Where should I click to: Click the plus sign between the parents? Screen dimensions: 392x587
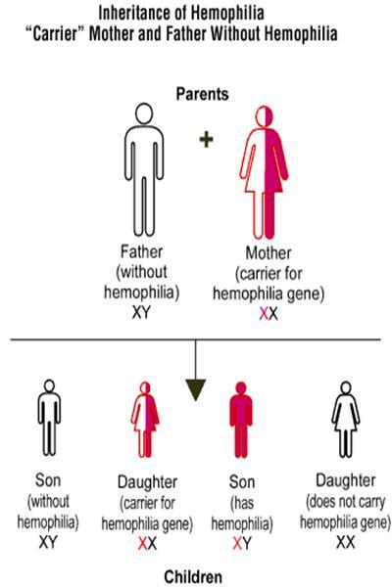click(206, 140)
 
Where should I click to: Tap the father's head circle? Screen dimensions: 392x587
click(144, 113)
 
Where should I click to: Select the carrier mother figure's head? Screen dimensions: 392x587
click(264, 116)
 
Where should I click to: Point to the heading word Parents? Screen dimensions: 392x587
click(202, 94)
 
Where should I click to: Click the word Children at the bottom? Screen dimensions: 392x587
click(193, 576)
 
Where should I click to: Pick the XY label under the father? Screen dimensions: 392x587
click(141, 312)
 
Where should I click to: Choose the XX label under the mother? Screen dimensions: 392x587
click(269, 314)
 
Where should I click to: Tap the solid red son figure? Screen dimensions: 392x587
click(241, 420)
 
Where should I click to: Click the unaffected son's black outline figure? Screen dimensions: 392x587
click(49, 418)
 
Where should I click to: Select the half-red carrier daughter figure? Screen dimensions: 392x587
click(145, 420)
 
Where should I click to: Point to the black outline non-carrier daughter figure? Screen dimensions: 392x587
click(346, 420)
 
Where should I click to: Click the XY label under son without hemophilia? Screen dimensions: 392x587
click(48, 542)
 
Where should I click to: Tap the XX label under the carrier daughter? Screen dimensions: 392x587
click(147, 544)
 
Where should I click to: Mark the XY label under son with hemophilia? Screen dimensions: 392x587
click(242, 544)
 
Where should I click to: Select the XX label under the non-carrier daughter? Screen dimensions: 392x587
click(346, 542)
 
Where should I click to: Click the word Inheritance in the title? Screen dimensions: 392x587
click(134, 14)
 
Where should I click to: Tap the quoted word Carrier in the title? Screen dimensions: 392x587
click(56, 34)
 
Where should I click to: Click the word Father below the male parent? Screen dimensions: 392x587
click(141, 251)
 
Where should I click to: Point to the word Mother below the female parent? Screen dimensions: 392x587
click(269, 253)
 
